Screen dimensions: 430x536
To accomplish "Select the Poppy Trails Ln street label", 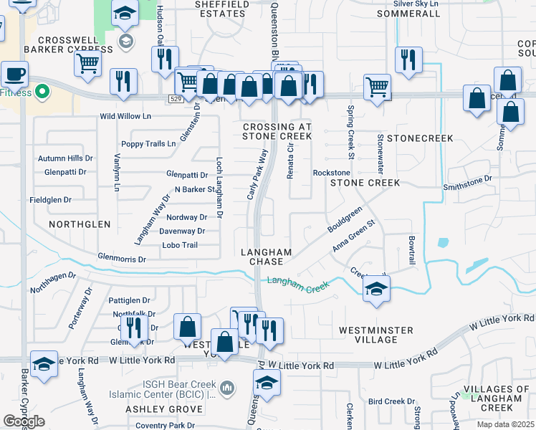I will pos(148,143).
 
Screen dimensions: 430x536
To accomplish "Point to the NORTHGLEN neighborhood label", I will pos(80,224).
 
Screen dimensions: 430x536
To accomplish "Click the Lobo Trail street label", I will pos(180,245).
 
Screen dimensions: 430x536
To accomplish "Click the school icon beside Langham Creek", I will pos(375,290).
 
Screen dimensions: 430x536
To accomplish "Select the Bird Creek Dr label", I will pos(392,401).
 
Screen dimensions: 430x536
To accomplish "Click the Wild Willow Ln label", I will pos(125,116).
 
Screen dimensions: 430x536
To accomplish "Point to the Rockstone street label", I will pos(332,173).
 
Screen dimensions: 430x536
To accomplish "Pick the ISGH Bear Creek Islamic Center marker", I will pos(227,388).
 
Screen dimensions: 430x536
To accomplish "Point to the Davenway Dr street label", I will pos(182,231).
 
